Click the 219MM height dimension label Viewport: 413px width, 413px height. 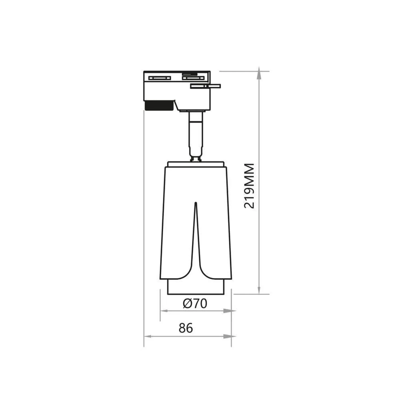tap(249, 186)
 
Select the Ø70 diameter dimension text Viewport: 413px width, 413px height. tap(195, 304)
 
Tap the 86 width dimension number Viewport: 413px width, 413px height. tap(186, 328)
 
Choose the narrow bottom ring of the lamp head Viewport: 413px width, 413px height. tap(196, 287)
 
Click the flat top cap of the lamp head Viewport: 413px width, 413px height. tap(196, 164)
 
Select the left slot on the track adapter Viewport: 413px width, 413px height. tap(160, 78)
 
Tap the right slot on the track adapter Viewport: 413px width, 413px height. tap(193, 78)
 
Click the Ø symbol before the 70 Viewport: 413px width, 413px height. tap(187, 304)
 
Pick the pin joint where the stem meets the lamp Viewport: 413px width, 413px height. tap(195, 159)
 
